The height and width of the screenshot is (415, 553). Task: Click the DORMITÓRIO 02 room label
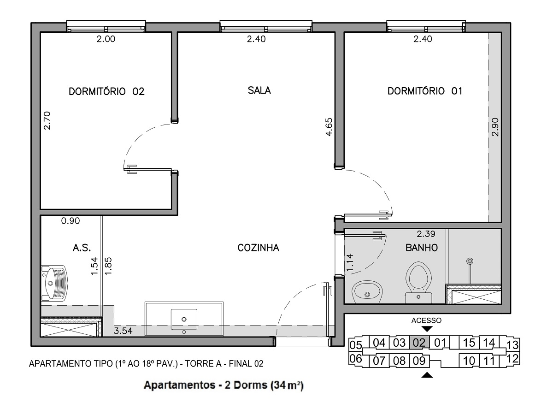click(106, 91)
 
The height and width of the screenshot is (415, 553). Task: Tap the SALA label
click(259, 90)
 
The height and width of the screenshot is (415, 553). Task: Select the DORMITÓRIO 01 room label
click(425, 91)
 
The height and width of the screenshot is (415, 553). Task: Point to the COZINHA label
click(258, 248)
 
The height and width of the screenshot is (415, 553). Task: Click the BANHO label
click(422, 248)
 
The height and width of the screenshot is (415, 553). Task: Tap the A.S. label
click(82, 248)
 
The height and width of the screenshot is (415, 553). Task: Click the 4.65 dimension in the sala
click(329, 127)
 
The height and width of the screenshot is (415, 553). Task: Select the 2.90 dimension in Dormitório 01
click(495, 127)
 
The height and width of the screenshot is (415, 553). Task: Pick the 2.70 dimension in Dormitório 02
click(47, 121)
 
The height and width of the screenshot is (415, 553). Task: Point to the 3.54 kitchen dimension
click(123, 331)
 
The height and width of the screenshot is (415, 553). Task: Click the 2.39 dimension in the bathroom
click(426, 234)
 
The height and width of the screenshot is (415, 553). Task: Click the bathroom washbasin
click(367, 292)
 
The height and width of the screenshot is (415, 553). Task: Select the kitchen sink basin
click(184, 319)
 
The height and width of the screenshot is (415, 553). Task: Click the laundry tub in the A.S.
click(54, 283)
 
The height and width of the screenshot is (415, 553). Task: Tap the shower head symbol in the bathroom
click(470, 261)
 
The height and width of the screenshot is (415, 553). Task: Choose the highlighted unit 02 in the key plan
click(419, 343)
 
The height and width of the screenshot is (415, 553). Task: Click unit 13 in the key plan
click(512, 345)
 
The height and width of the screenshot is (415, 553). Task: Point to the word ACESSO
click(426, 320)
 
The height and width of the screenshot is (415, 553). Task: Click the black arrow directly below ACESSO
click(427, 329)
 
